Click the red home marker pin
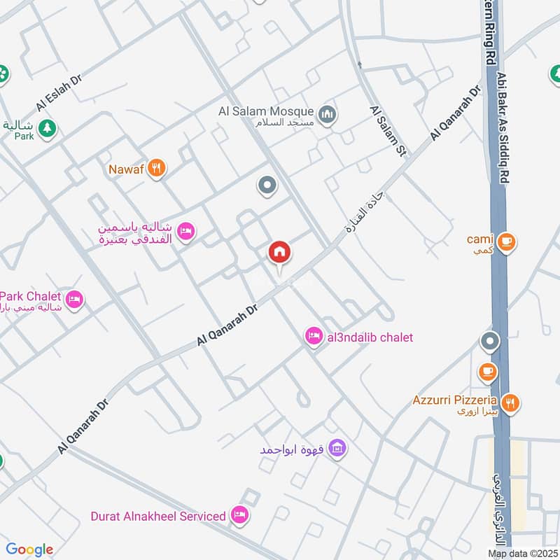[x=279, y=253]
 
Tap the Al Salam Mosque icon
[x=326, y=113]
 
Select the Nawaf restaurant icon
[x=157, y=168]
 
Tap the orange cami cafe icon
[x=508, y=241]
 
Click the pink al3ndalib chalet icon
[x=314, y=337]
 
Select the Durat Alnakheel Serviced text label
[x=158, y=516]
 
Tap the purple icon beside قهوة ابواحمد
[x=337, y=447]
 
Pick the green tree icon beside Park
[x=47, y=128]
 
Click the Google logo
[x=29, y=549]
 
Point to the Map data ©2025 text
[x=523, y=554]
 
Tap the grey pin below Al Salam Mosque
[x=267, y=185]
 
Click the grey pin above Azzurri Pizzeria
[x=489, y=342]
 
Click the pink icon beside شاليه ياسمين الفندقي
[x=185, y=231]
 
